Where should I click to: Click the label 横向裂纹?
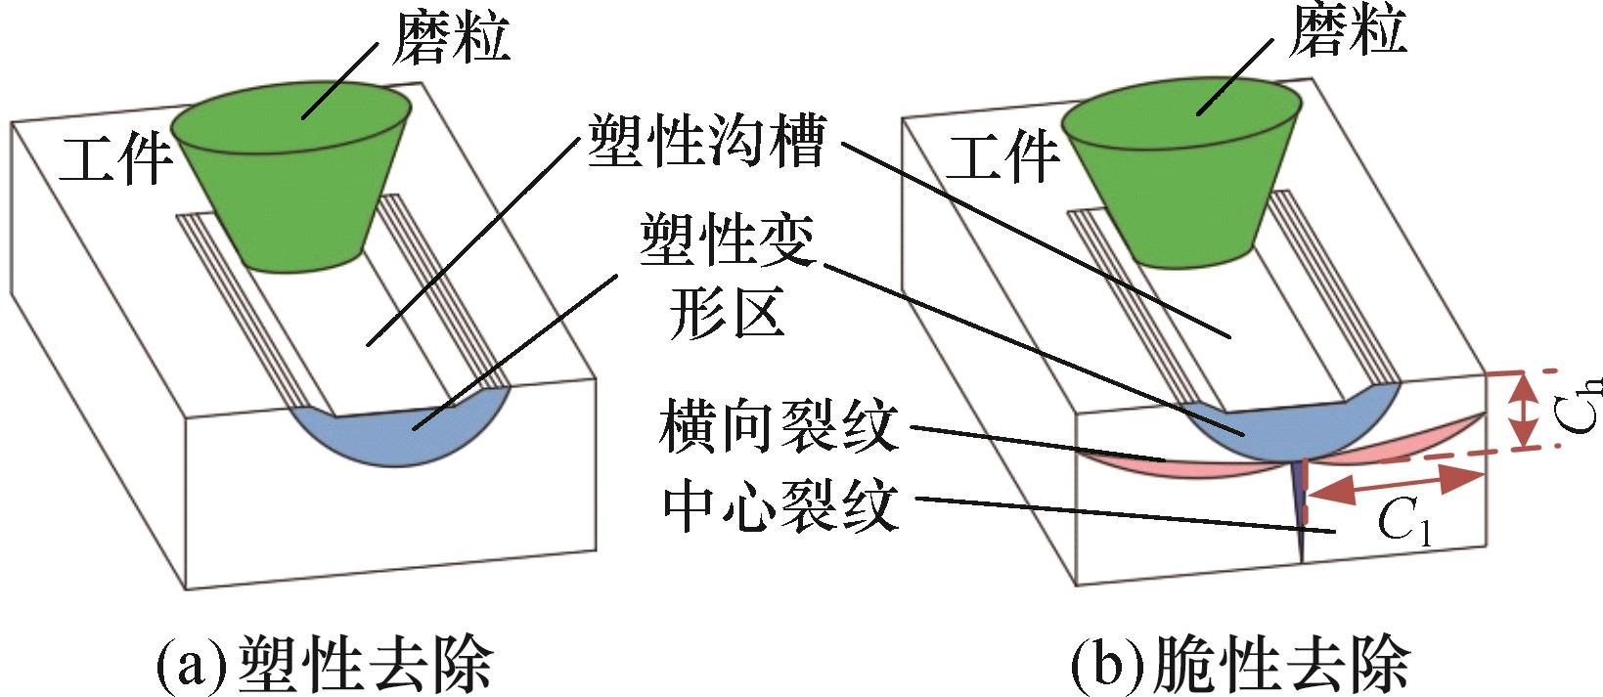(779, 426)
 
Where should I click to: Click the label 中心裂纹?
(780, 505)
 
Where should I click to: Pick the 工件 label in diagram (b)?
(1002, 155)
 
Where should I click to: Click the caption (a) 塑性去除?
(326, 664)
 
